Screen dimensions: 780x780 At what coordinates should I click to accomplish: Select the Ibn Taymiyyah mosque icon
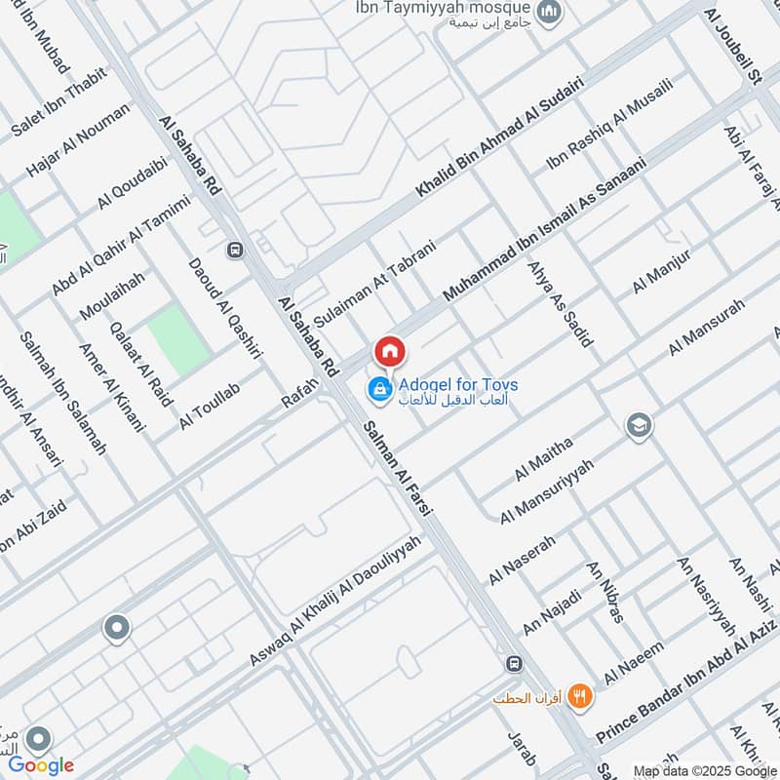point(550,12)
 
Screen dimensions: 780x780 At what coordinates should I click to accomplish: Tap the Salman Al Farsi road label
point(398,467)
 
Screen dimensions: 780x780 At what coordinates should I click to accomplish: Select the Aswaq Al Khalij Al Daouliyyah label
point(335,602)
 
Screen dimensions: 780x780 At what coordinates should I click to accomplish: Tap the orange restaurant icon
point(580,696)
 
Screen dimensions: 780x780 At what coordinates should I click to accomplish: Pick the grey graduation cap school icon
point(640,426)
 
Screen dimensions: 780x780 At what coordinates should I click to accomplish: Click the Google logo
point(41,765)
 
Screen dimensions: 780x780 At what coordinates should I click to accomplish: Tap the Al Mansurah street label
point(706,328)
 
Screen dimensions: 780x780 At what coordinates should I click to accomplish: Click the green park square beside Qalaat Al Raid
point(179,339)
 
